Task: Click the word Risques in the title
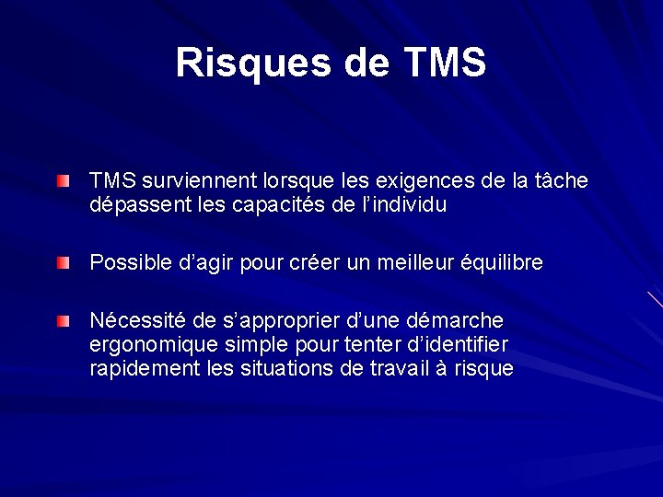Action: click(x=237, y=63)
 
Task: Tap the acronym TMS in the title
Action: click(x=444, y=63)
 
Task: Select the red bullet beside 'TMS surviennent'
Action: click(x=61, y=183)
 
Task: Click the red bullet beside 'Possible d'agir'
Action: click(x=61, y=264)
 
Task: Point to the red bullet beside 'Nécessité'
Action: click(x=61, y=322)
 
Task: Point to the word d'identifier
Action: click(x=457, y=345)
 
